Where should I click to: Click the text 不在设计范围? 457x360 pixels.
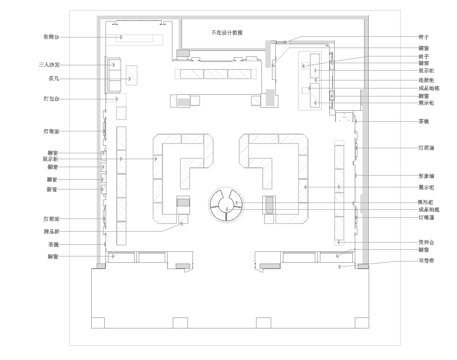tap(228, 32)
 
